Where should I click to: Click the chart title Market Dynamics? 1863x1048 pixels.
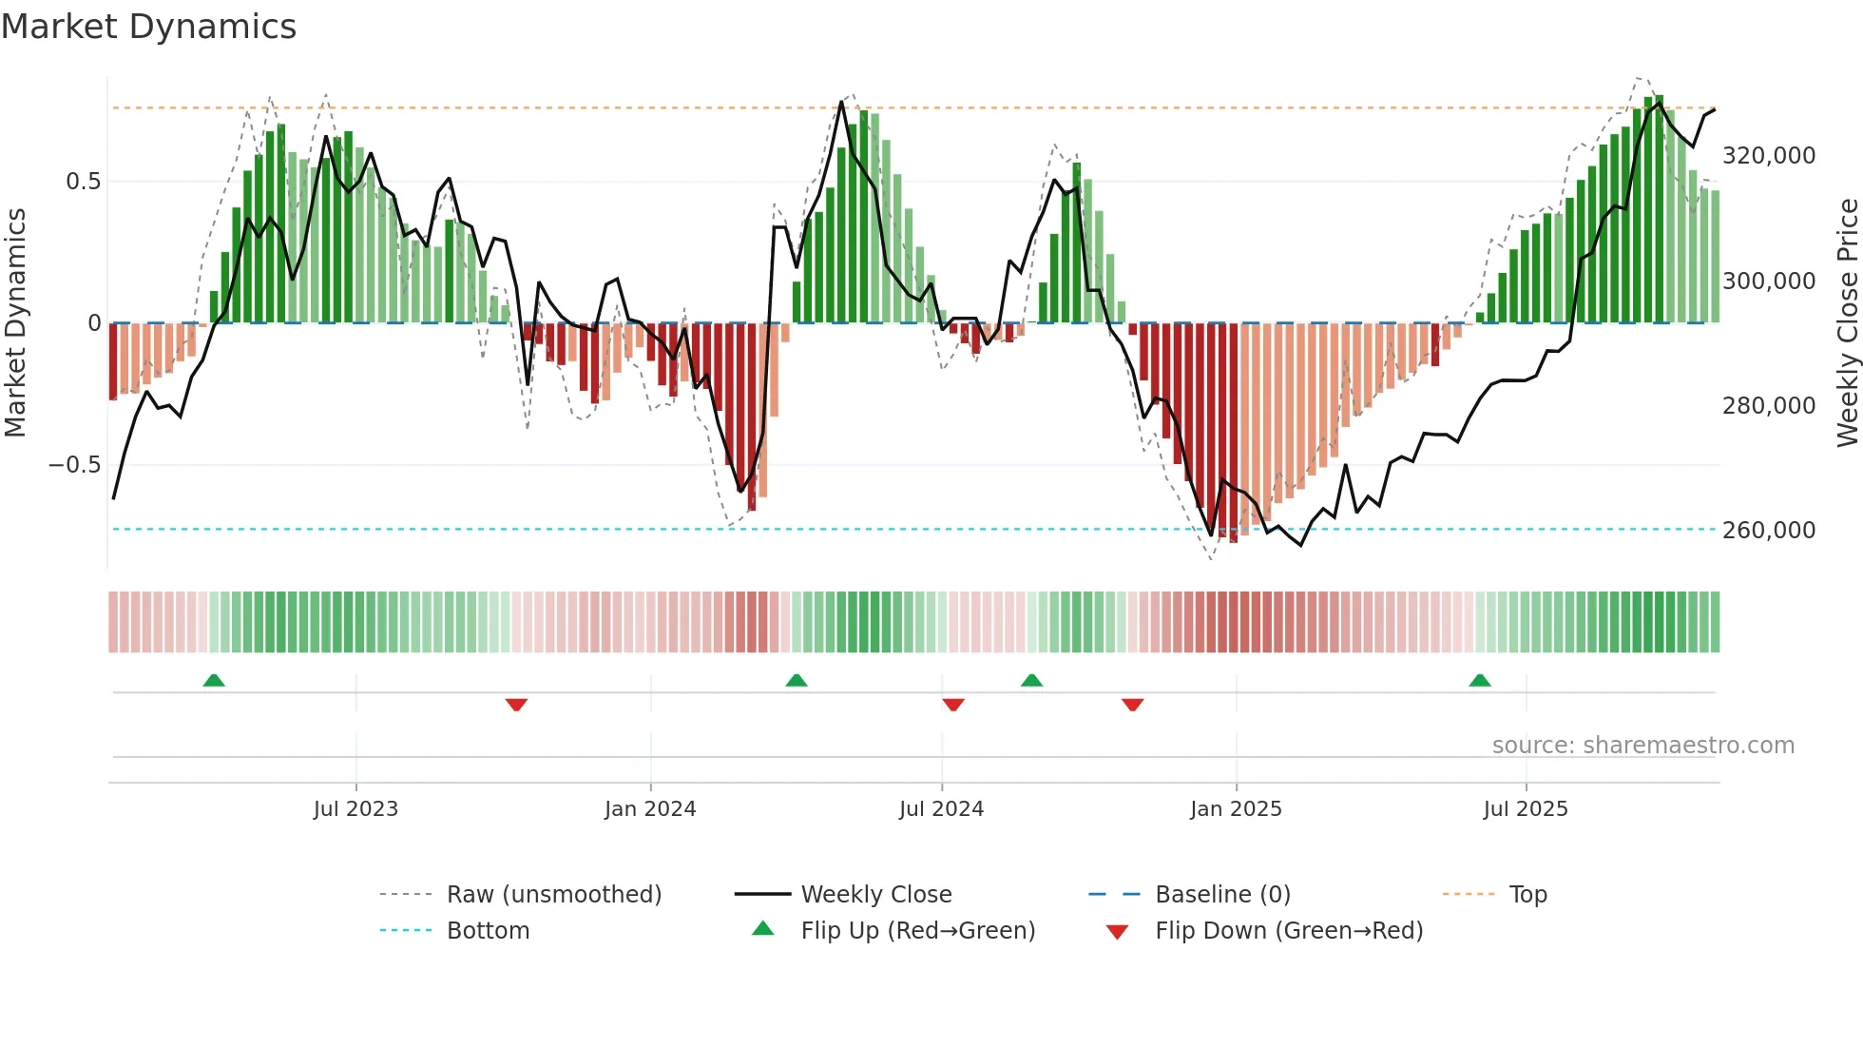coord(148,27)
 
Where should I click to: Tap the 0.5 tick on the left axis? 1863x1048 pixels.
coord(83,182)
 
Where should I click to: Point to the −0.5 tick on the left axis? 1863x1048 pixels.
coord(74,465)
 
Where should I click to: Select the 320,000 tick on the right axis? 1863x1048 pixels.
coord(1768,156)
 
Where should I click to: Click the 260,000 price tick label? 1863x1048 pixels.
coord(1768,531)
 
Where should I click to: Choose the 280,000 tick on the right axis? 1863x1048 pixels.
coord(1768,406)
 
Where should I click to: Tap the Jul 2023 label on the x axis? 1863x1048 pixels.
coord(355,809)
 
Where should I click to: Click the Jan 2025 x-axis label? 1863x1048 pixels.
coord(1236,809)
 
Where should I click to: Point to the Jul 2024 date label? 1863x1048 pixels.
coord(941,809)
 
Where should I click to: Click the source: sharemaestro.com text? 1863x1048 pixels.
coord(1642,746)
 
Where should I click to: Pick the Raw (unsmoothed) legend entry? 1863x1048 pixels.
coord(553,895)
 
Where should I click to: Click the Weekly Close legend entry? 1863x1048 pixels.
coord(875,895)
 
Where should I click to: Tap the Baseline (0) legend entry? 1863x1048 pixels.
coord(1222,895)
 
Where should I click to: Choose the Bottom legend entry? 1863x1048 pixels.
coord(488,931)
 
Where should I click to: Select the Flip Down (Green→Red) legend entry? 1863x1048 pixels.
coord(1288,931)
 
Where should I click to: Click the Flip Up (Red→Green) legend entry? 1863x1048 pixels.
coord(917,931)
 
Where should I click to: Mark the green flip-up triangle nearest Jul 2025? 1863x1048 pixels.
coord(1480,680)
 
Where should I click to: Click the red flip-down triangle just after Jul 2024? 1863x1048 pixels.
coord(953,705)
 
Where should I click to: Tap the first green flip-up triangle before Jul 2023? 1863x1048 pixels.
coord(214,680)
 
